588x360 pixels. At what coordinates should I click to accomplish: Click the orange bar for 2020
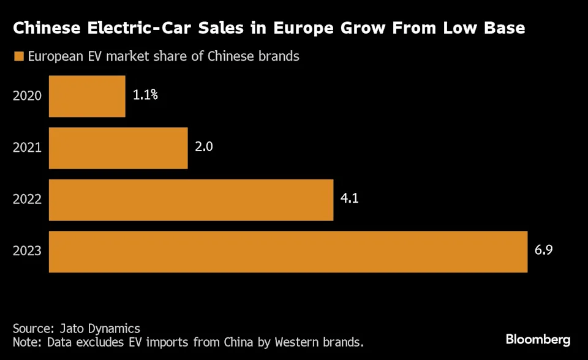pyautogui.click(x=87, y=96)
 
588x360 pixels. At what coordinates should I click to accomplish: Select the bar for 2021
pyautogui.click(x=118, y=148)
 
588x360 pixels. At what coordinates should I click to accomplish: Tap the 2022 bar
pyautogui.click(x=191, y=200)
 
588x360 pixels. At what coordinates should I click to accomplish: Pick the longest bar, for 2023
pyautogui.click(x=288, y=251)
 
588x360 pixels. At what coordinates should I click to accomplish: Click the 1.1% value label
pyautogui.click(x=145, y=96)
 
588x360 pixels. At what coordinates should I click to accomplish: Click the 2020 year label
pyautogui.click(x=27, y=96)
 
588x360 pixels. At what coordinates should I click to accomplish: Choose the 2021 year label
pyautogui.click(x=27, y=148)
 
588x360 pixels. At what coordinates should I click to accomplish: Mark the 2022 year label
pyautogui.click(x=27, y=200)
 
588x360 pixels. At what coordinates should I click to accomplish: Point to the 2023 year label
pyautogui.click(x=27, y=251)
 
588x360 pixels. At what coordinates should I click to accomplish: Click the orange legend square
pyautogui.click(x=18, y=57)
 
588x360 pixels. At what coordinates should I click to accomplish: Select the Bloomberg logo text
pyautogui.click(x=538, y=339)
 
